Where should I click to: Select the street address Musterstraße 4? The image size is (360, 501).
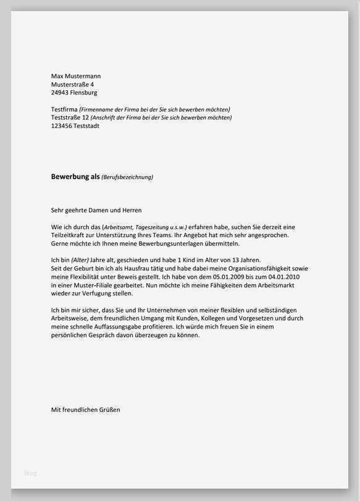point(72,84)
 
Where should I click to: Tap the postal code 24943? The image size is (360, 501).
point(61,93)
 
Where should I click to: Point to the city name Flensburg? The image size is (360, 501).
point(85,93)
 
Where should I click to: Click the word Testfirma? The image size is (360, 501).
point(64,109)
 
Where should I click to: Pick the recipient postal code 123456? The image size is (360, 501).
point(61,126)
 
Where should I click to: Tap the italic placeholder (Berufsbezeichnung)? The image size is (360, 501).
point(127,177)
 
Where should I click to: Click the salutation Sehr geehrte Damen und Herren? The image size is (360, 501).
point(96,211)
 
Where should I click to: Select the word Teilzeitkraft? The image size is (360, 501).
point(68,235)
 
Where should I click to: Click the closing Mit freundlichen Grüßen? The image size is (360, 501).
point(85,410)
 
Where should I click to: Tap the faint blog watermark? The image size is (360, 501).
point(30,473)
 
